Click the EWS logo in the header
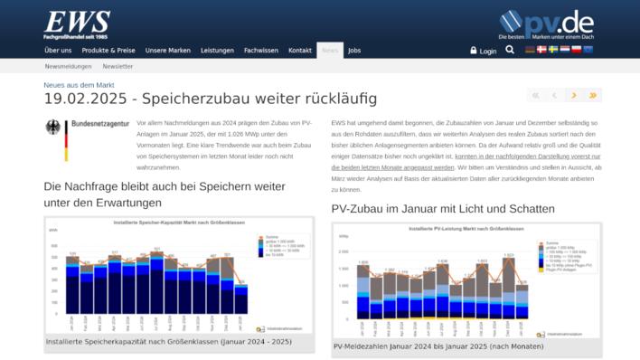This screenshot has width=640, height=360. [x=77, y=23]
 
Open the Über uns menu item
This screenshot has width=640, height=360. [x=58, y=50]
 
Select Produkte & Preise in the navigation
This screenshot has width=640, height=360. [x=108, y=50]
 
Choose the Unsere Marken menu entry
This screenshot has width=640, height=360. [x=167, y=50]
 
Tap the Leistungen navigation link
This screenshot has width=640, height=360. [x=217, y=50]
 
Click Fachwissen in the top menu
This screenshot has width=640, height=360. [x=261, y=50]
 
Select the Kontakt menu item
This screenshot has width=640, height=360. [x=300, y=50]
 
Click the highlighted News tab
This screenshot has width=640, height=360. [x=330, y=50]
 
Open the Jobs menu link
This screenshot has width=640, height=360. [x=354, y=50]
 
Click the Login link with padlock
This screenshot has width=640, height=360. [x=484, y=51]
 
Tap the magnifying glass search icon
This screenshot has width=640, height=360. [x=511, y=50]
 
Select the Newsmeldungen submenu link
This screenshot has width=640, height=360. [x=69, y=66]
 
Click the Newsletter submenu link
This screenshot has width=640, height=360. [x=118, y=66]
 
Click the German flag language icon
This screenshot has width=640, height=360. [x=531, y=50]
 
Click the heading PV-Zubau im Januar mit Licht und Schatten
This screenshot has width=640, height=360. [x=443, y=208]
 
